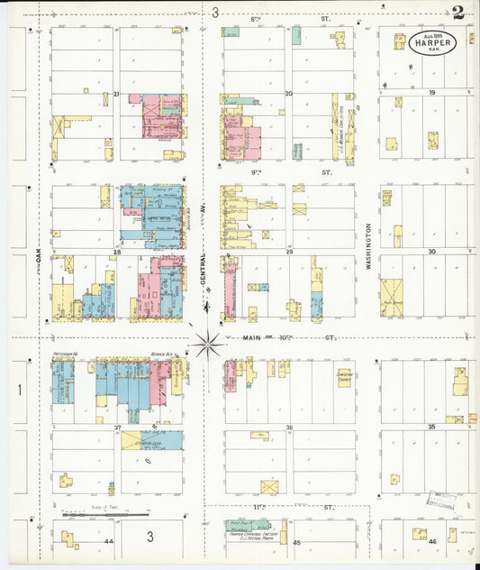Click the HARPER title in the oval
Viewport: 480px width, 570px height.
point(436,42)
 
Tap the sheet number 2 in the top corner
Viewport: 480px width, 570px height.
point(460,13)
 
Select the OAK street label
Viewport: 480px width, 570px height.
point(39,258)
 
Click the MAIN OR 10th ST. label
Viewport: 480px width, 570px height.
point(289,338)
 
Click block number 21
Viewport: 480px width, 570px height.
point(116,94)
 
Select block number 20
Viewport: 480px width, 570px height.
point(288,94)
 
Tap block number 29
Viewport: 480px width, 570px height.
point(289,253)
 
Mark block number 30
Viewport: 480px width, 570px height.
point(432,252)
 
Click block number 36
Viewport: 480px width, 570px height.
point(289,427)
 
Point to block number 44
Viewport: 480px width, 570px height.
point(108,540)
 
